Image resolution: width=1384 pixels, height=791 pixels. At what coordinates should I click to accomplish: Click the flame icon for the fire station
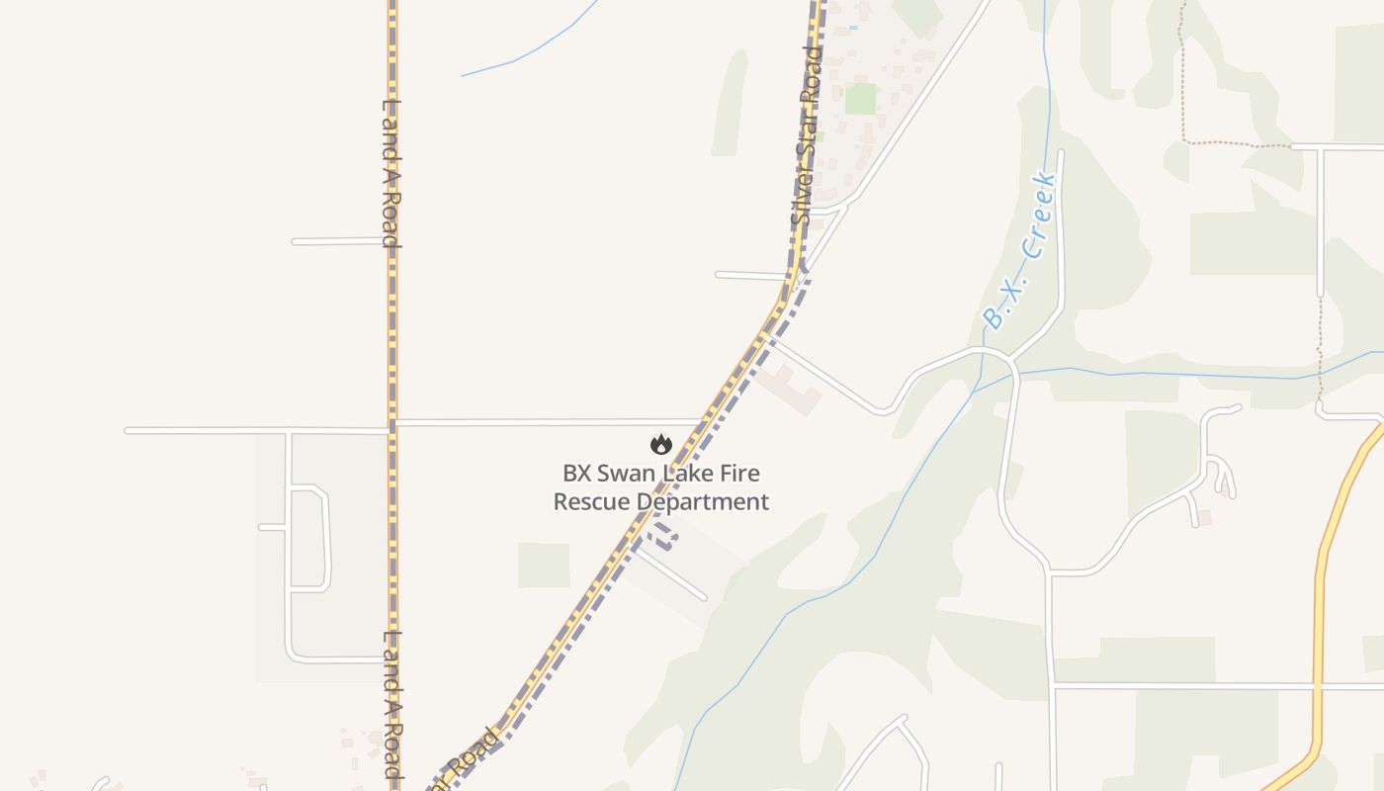[661, 445]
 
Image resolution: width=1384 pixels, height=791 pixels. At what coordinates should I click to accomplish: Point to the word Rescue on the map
[591, 501]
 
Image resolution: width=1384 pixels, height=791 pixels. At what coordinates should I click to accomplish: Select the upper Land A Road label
[392, 172]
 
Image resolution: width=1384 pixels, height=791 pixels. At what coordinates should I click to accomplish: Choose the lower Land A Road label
[392, 704]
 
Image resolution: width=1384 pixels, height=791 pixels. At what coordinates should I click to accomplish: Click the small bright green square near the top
[860, 99]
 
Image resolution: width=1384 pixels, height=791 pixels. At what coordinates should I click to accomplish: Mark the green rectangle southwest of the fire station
[544, 565]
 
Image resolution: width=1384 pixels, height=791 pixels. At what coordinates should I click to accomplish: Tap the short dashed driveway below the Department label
[663, 537]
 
